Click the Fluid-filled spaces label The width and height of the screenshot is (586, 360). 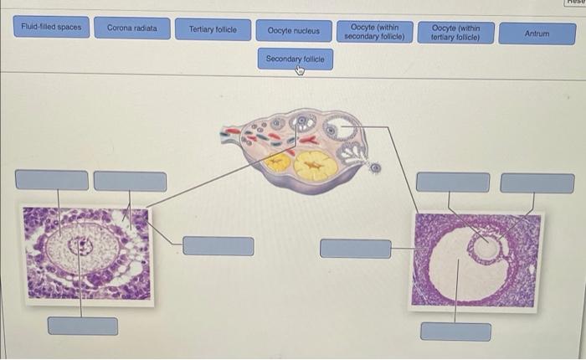click(x=52, y=28)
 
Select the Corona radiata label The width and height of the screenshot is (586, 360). click(x=131, y=28)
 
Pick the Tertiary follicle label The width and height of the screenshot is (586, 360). click(x=213, y=30)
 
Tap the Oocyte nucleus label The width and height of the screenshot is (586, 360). click(x=293, y=31)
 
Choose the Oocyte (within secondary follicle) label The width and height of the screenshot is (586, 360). click(x=375, y=32)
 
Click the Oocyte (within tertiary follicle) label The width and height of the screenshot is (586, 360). click(x=455, y=32)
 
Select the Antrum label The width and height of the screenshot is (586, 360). click(x=537, y=33)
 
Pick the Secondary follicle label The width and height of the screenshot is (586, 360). click(x=295, y=59)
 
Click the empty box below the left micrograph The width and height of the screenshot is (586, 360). click(x=82, y=326)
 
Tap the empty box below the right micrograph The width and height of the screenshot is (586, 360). click(x=455, y=332)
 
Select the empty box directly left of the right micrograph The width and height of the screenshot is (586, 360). click(x=355, y=248)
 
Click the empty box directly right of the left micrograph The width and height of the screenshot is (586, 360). click(x=218, y=246)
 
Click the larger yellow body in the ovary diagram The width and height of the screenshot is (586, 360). click(x=316, y=166)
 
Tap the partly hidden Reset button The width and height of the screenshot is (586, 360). click(x=575, y=3)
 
